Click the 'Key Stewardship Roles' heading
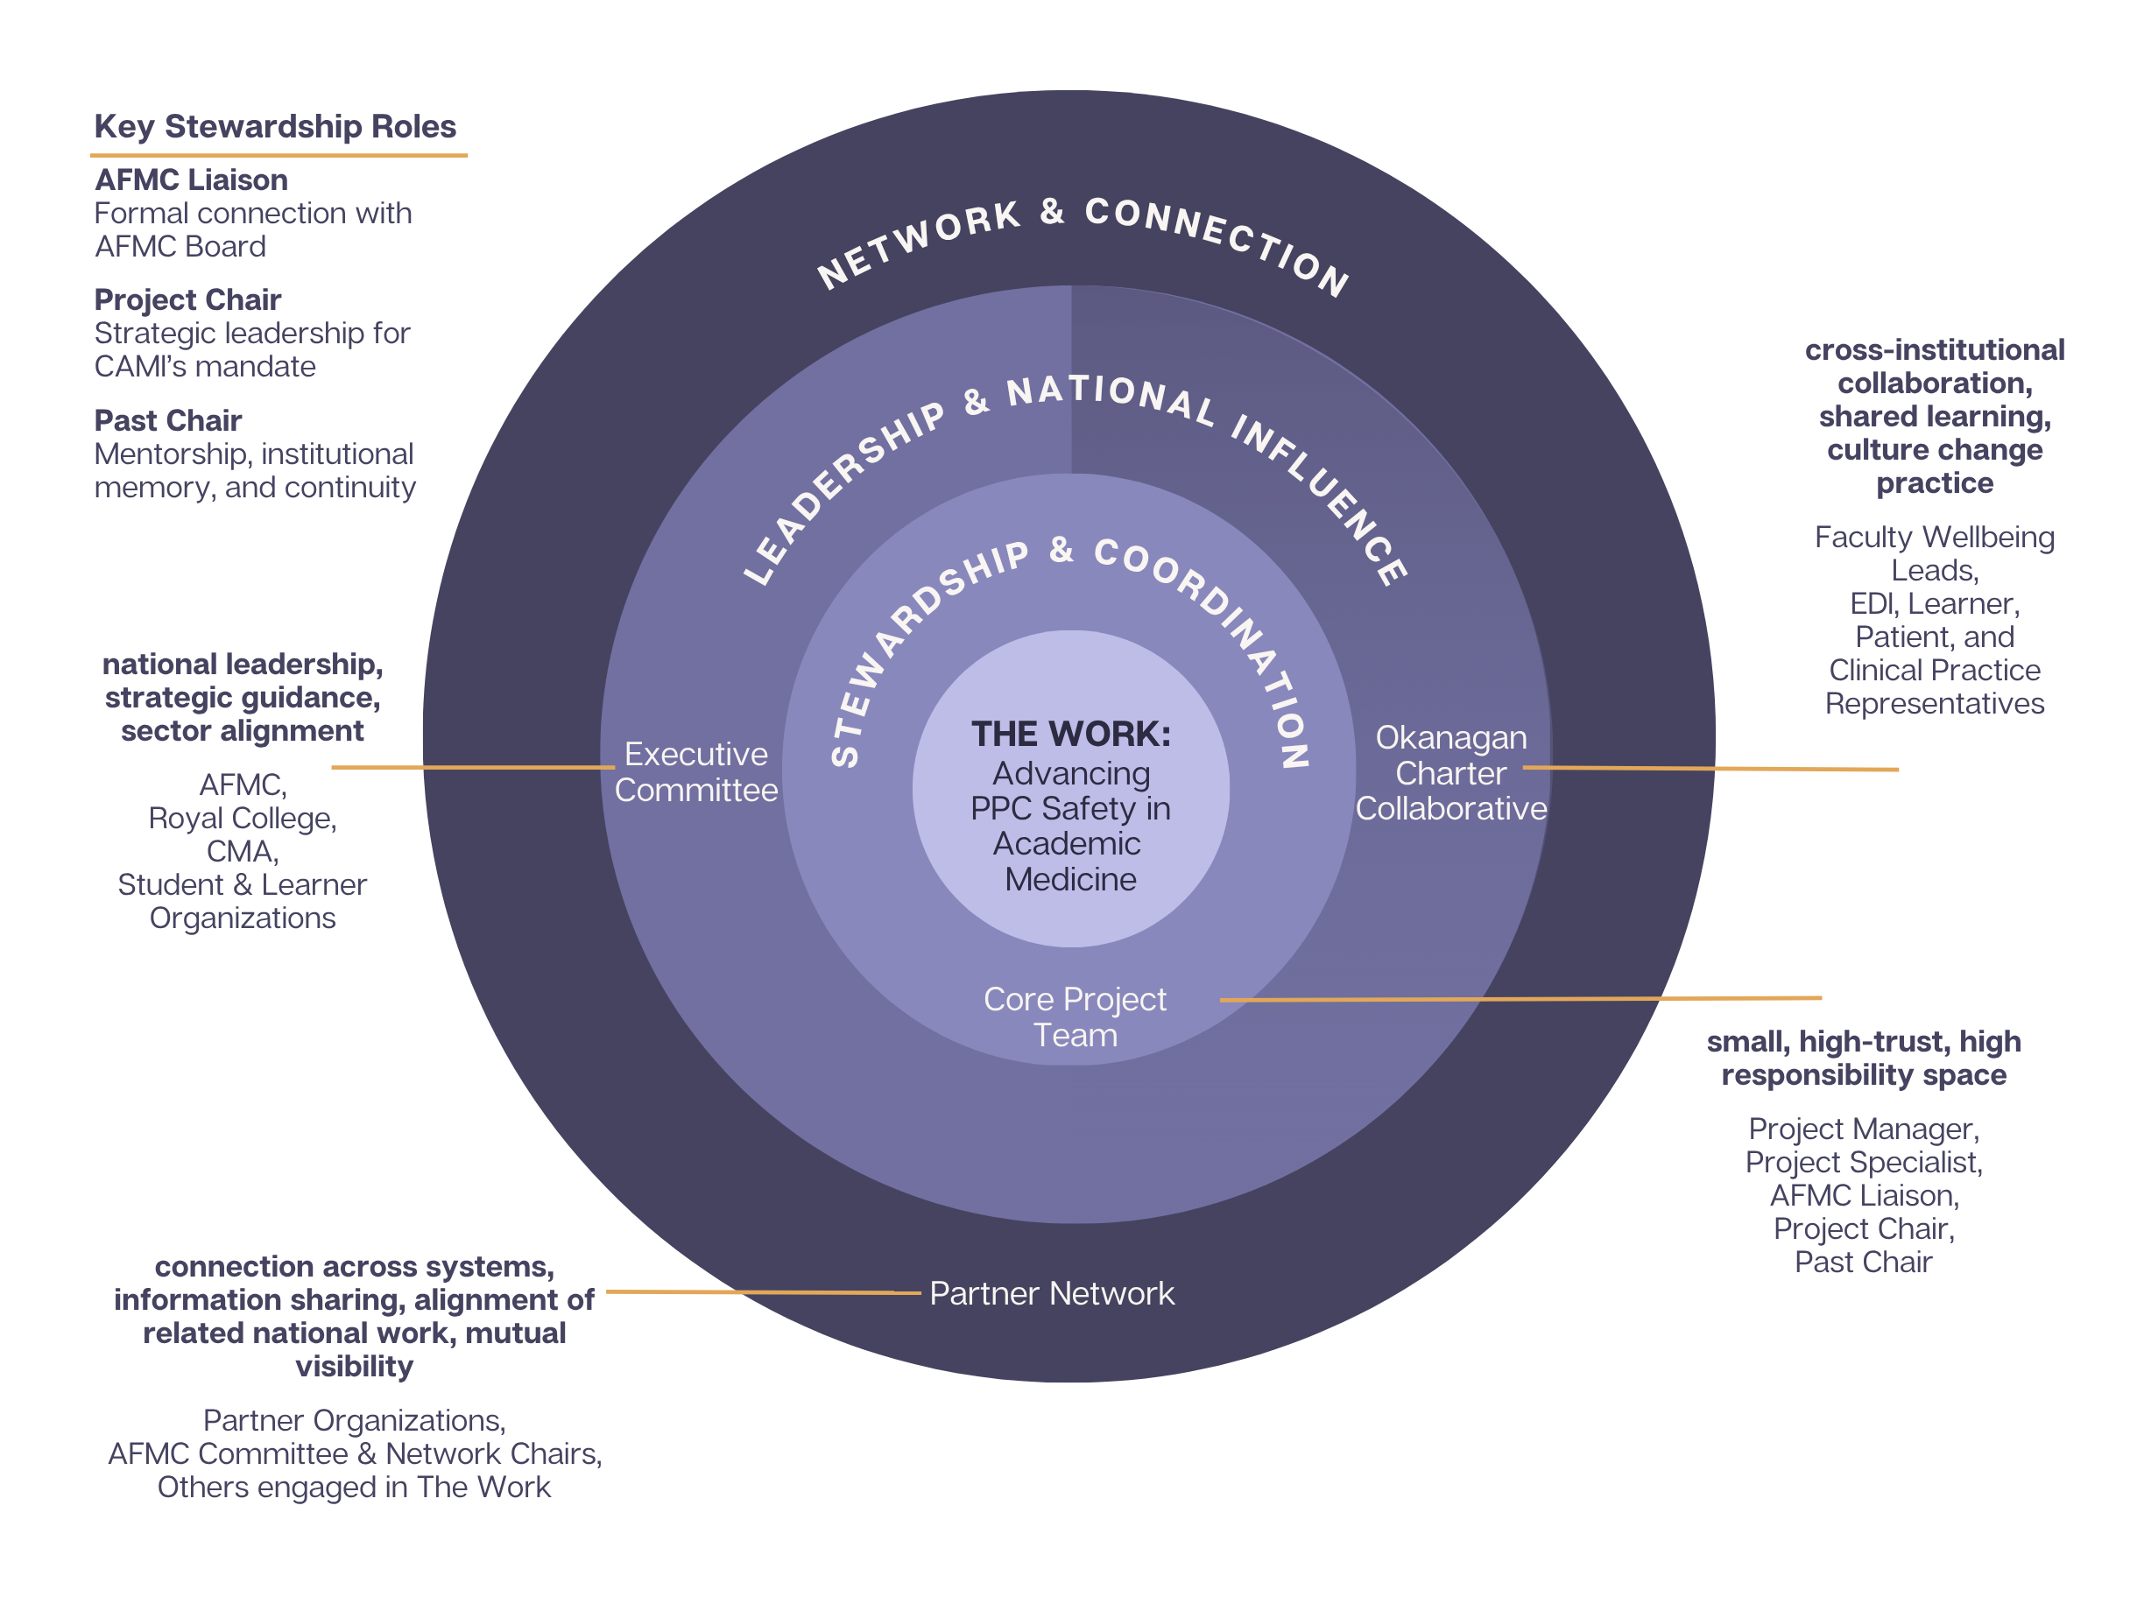click(274, 127)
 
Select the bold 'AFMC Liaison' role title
click(191, 180)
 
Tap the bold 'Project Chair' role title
click(187, 299)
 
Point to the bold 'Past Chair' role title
click(167, 419)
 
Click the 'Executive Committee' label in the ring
click(696, 772)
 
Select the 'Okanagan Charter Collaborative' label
click(1450, 773)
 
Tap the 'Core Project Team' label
click(1075, 1017)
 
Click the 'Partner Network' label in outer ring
click(1052, 1293)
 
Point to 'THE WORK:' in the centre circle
click(1071, 734)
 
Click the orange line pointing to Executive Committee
click(472, 767)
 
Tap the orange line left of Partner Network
click(761, 1291)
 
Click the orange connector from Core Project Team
click(1521, 998)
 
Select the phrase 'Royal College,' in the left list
click(242, 819)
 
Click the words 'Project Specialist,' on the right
click(1863, 1162)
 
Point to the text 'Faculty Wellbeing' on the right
click(1934, 537)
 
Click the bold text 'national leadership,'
click(243, 665)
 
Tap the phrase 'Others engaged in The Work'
click(354, 1487)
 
